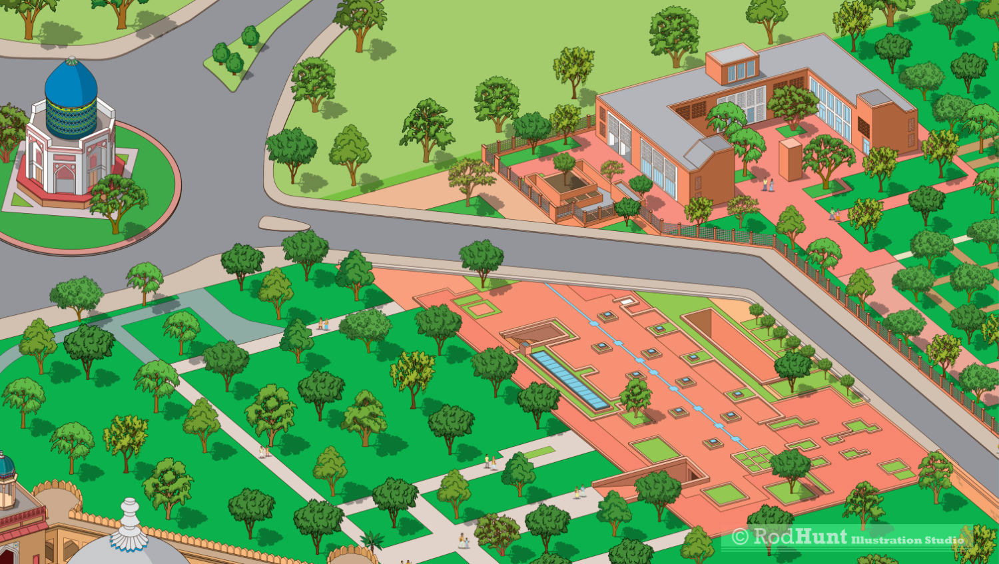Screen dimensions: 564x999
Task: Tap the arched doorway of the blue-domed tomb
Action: click(65, 179)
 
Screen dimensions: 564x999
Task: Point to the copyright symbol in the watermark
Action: click(739, 537)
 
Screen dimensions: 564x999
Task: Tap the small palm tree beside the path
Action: click(371, 540)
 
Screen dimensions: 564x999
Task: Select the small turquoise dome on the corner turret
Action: click(5, 465)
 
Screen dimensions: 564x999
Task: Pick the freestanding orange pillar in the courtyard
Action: click(790, 159)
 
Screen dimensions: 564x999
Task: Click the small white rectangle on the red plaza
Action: click(629, 302)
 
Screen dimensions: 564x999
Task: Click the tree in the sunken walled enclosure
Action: click(564, 164)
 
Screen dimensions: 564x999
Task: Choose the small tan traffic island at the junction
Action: click(284, 223)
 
